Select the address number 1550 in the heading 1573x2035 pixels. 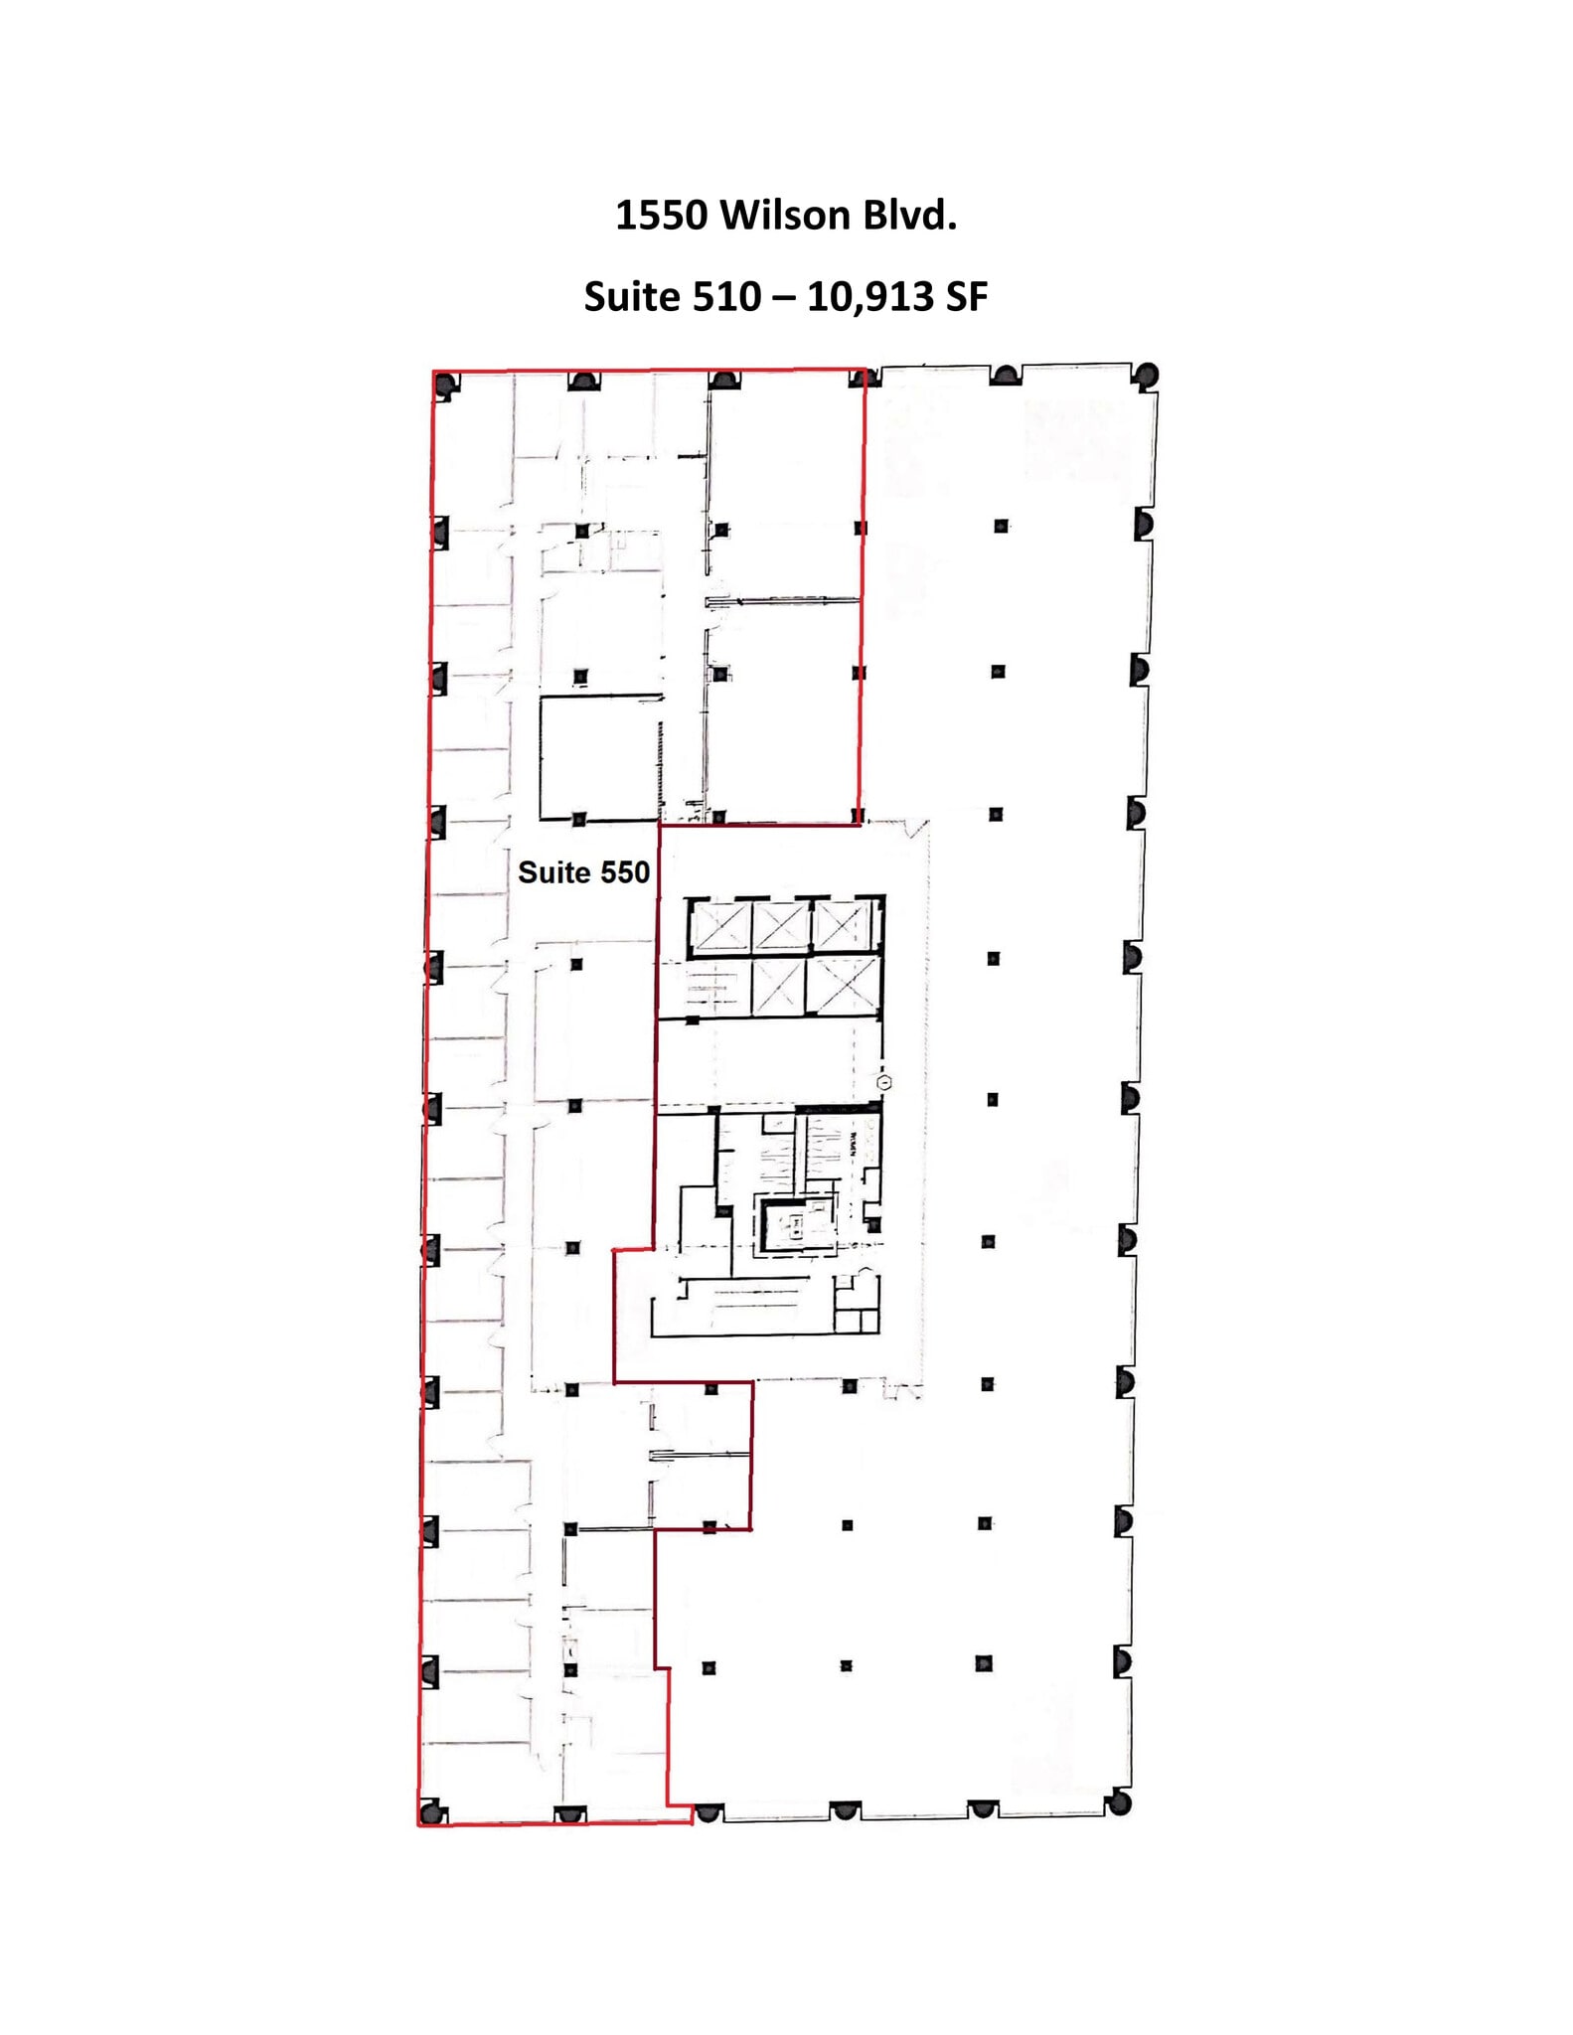661,216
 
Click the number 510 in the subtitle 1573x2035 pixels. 730,297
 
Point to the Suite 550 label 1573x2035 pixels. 583,872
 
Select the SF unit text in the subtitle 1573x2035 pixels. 966,297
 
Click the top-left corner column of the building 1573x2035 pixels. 446,384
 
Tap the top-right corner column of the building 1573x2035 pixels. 1147,376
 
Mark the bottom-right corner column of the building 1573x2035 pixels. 1119,1802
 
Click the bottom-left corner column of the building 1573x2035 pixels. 430,1811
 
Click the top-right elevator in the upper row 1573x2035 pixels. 843,927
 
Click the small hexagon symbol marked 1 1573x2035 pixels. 884,1083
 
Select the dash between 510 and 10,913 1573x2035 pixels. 784,297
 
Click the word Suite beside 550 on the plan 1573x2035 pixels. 553,872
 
